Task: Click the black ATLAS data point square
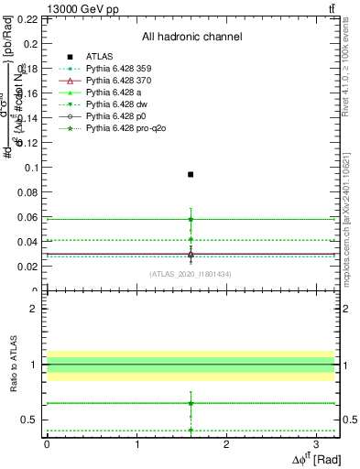[191, 174]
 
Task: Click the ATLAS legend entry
[99, 57]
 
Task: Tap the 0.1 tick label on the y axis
[30, 168]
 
